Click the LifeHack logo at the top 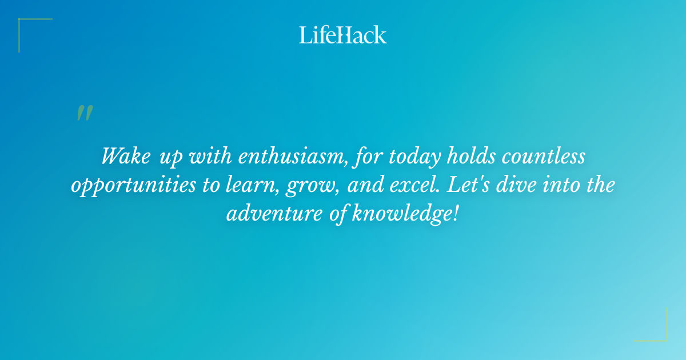click(343, 35)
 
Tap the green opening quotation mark click(84, 113)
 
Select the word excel click(414, 186)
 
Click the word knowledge click(400, 215)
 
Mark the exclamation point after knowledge click(456, 215)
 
